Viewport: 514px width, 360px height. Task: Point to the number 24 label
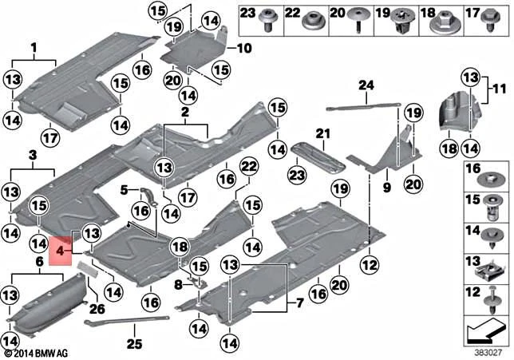click(366, 85)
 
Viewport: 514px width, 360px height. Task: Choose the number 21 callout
click(322, 133)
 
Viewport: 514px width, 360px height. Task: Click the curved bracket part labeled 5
click(146, 194)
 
